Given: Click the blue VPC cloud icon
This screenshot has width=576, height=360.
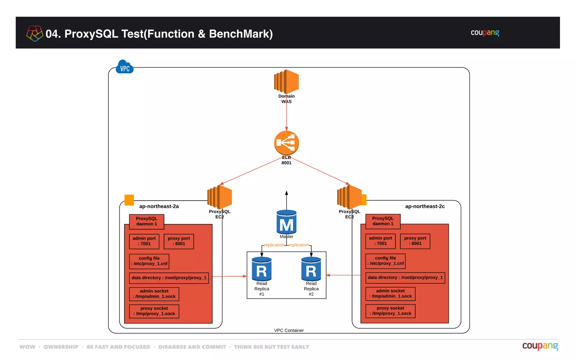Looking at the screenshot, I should (x=125, y=67).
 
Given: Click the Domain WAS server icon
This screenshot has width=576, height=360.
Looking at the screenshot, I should (x=286, y=82).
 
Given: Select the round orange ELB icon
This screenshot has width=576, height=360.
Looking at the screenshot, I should (x=286, y=143).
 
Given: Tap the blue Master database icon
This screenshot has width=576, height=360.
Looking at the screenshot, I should (x=286, y=222).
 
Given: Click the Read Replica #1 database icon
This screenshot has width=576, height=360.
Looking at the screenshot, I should (x=262, y=269).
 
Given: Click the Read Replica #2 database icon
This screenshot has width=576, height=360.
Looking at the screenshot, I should (x=311, y=269).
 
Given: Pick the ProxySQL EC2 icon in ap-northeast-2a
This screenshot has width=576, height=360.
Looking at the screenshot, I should (x=220, y=197).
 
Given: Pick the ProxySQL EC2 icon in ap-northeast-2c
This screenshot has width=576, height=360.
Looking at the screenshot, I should (x=349, y=197).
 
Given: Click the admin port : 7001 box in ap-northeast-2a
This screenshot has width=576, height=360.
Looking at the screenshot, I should (x=144, y=241).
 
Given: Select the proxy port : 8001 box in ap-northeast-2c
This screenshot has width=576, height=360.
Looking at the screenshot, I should (x=415, y=241).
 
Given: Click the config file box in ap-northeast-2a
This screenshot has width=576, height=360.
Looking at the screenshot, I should (x=149, y=261).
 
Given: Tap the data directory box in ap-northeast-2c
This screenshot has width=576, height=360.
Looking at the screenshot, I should (x=405, y=278).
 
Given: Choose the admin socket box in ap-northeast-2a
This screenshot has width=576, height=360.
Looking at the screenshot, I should (x=154, y=294).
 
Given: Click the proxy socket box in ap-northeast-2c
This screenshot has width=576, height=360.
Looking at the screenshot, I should (x=390, y=311).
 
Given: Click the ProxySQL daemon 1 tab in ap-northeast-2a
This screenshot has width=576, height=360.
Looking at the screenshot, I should (x=147, y=221).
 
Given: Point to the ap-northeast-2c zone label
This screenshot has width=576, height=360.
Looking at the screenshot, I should (x=425, y=206).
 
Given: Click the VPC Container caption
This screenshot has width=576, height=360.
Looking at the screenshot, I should (x=289, y=330).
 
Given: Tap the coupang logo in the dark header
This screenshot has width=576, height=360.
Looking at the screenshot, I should (x=485, y=33).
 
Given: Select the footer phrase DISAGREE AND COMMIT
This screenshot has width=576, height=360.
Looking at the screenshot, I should (x=192, y=347).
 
